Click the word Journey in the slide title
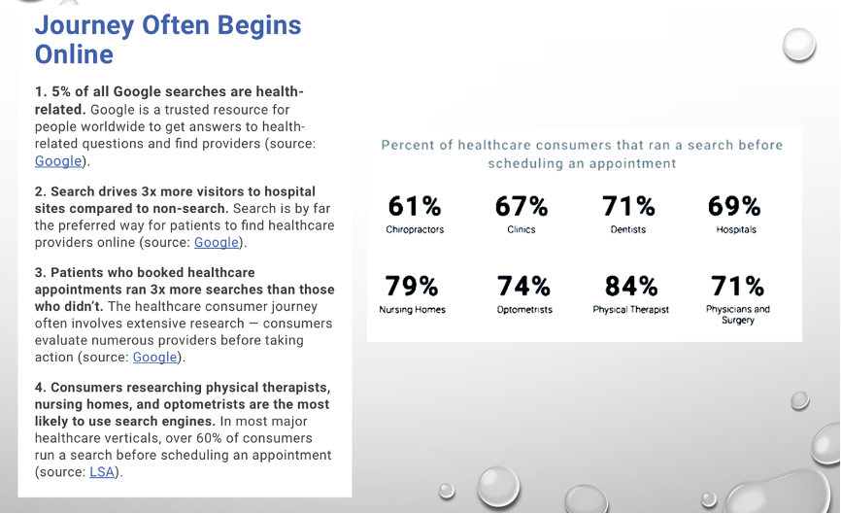coord(84,26)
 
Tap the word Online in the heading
coord(74,54)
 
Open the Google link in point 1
coord(58,161)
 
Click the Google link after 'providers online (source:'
coord(217,243)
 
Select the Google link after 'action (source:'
coord(154,358)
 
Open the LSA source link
coord(102,472)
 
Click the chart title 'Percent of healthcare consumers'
coord(582,154)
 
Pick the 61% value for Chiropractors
coord(415,206)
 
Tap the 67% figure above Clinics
coord(521,206)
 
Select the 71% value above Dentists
coord(628,206)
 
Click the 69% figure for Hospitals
coord(734,206)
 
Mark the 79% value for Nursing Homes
coord(412,286)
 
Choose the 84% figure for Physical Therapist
coord(631,286)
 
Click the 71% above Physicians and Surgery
coord(737,286)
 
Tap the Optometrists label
coord(524,310)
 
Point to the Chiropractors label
coord(415,229)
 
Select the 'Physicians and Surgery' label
coord(738,315)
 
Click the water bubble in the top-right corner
coord(799,45)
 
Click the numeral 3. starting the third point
coord(40,273)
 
